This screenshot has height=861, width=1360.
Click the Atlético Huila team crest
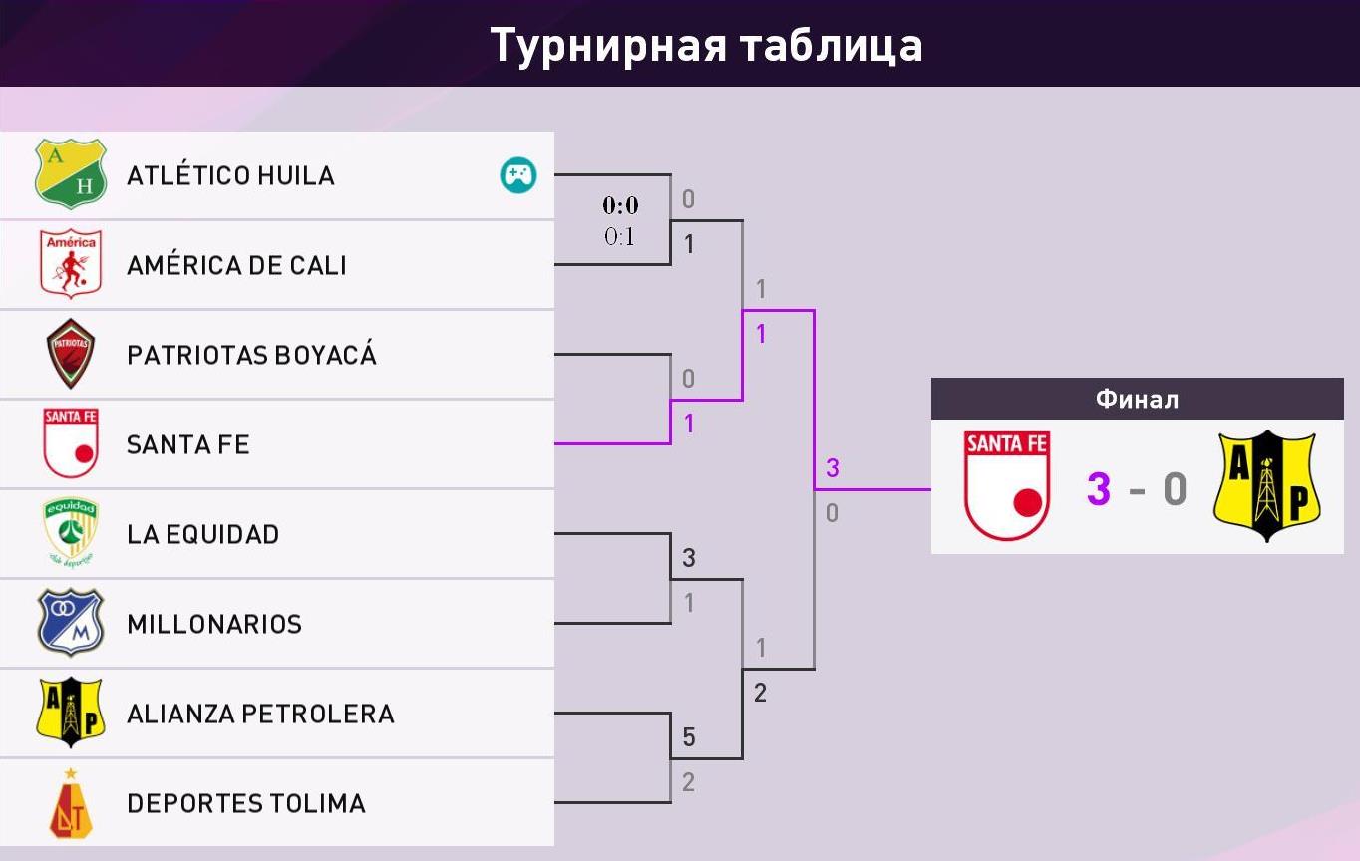(71, 173)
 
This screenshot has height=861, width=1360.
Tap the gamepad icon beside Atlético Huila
(517, 174)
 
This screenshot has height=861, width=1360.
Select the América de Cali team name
(236, 264)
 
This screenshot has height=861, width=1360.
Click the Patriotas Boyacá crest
(71, 353)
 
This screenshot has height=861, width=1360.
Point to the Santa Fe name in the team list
(188, 444)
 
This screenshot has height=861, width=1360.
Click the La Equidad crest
(71, 533)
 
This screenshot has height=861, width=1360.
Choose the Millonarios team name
(214, 624)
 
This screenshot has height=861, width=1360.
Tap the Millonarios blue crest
(71, 622)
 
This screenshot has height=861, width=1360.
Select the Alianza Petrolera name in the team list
(260, 714)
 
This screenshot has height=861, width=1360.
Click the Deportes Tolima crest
(71, 803)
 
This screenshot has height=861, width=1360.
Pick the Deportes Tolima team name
(246, 803)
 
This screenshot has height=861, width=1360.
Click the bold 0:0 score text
(620, 205)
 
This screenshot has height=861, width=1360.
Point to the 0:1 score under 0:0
(620, 236)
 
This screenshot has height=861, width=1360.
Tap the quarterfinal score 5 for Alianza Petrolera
(689, 737)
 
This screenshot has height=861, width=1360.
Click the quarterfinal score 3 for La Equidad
(689, 558)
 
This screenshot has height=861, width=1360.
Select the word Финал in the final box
(1138, 400)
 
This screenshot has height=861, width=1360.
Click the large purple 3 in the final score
(1099, 489)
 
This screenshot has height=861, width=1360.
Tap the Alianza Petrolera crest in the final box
(1266, 486)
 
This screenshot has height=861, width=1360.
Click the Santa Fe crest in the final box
(1007, 485)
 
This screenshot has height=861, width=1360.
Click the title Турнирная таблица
(706, 45)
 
